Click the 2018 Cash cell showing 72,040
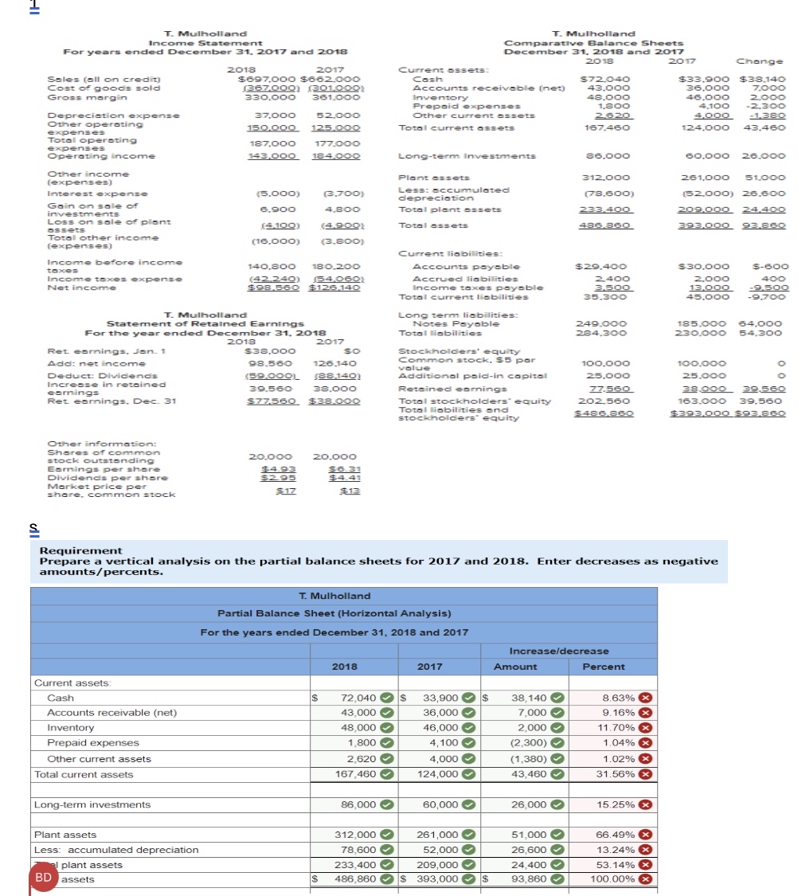[358, 698]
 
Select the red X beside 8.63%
[647, 698]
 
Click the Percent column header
[604, 667]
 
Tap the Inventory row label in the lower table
[70, 728]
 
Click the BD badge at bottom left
[44, 877]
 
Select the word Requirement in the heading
[81, 550]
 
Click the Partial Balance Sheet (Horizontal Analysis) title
[334, 613]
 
